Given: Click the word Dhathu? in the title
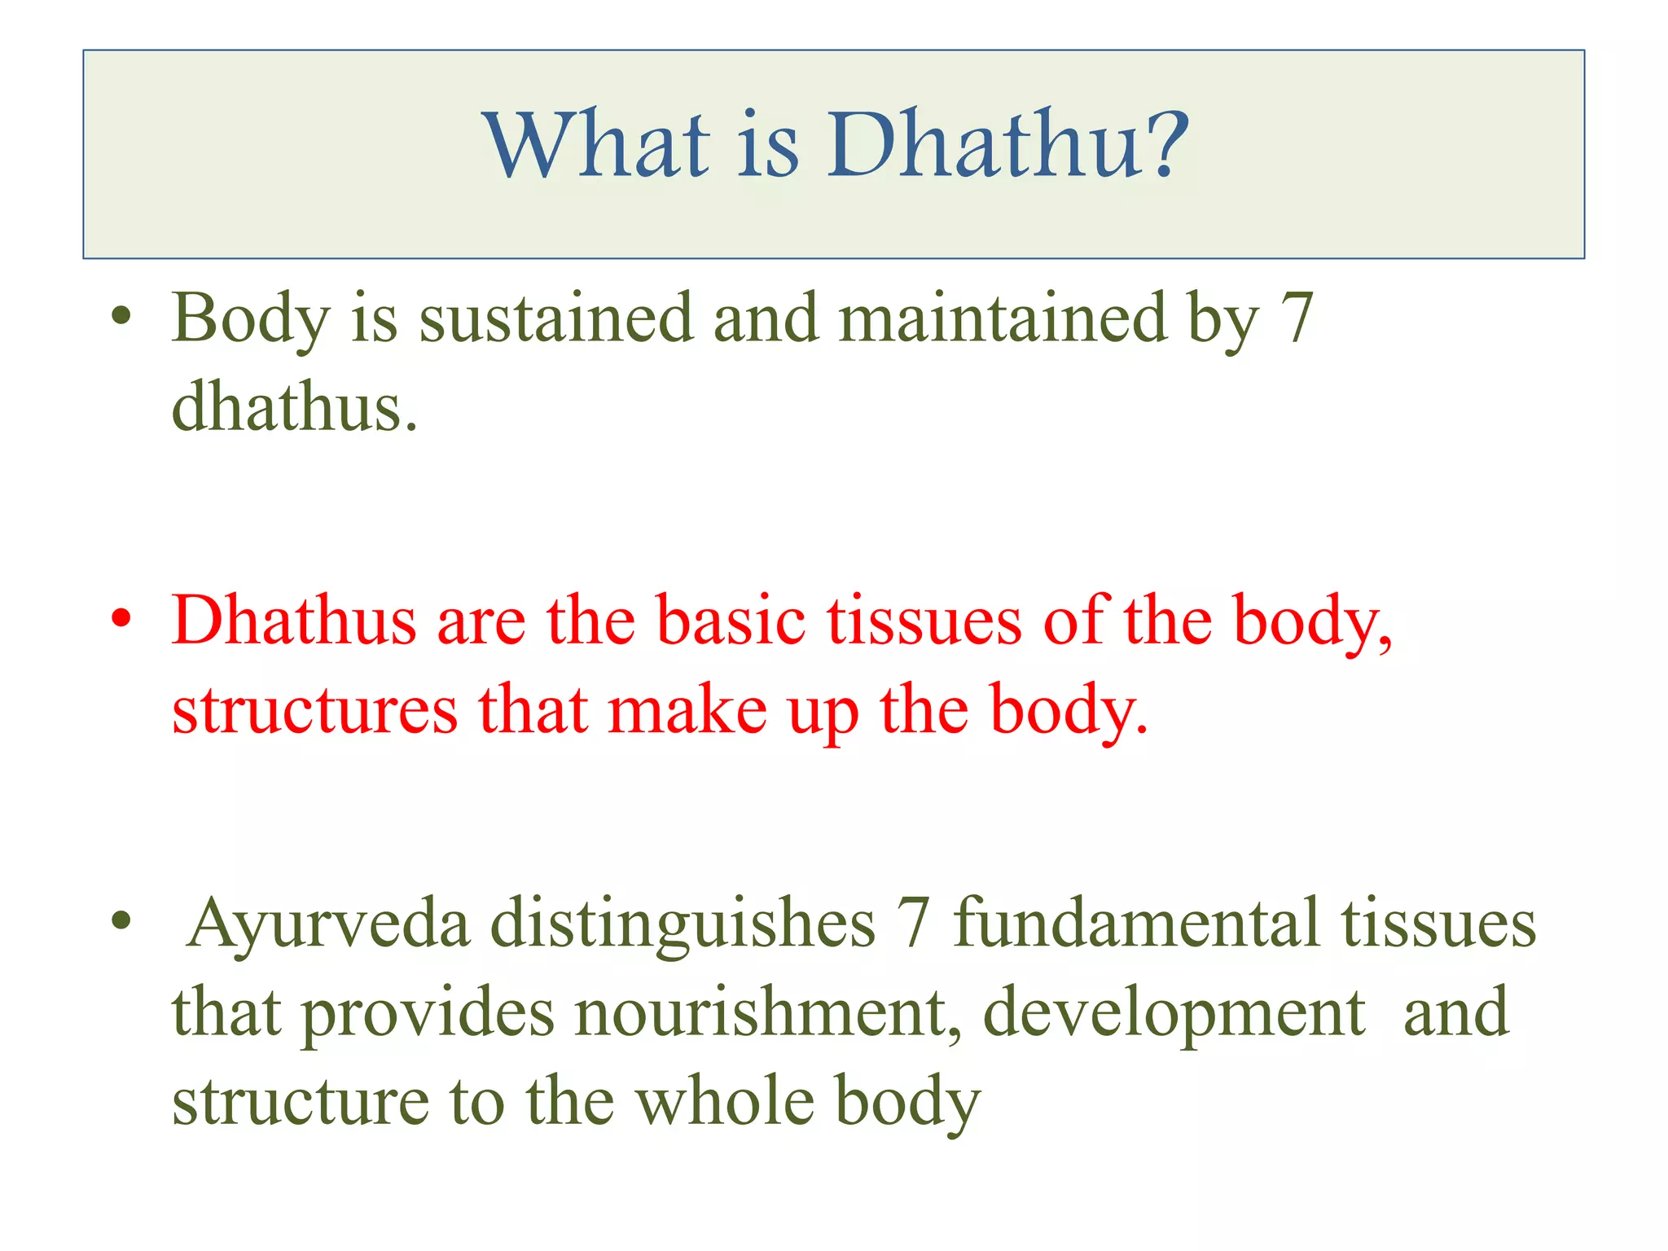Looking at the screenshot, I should [x=1008, y=145].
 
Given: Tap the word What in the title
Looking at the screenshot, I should [x=598, y=145].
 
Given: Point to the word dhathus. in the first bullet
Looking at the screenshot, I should [x=294, y=407].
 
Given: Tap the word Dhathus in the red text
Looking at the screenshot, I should [x=293, y=621].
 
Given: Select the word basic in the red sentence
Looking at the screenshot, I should [x=731, y=621].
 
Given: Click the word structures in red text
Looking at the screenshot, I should [x=314, y=710].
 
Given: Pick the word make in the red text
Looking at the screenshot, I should [x=687, y=710].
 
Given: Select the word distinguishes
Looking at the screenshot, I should [x=683, y=925].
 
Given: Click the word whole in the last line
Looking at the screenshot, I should [x=725, y=1101].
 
